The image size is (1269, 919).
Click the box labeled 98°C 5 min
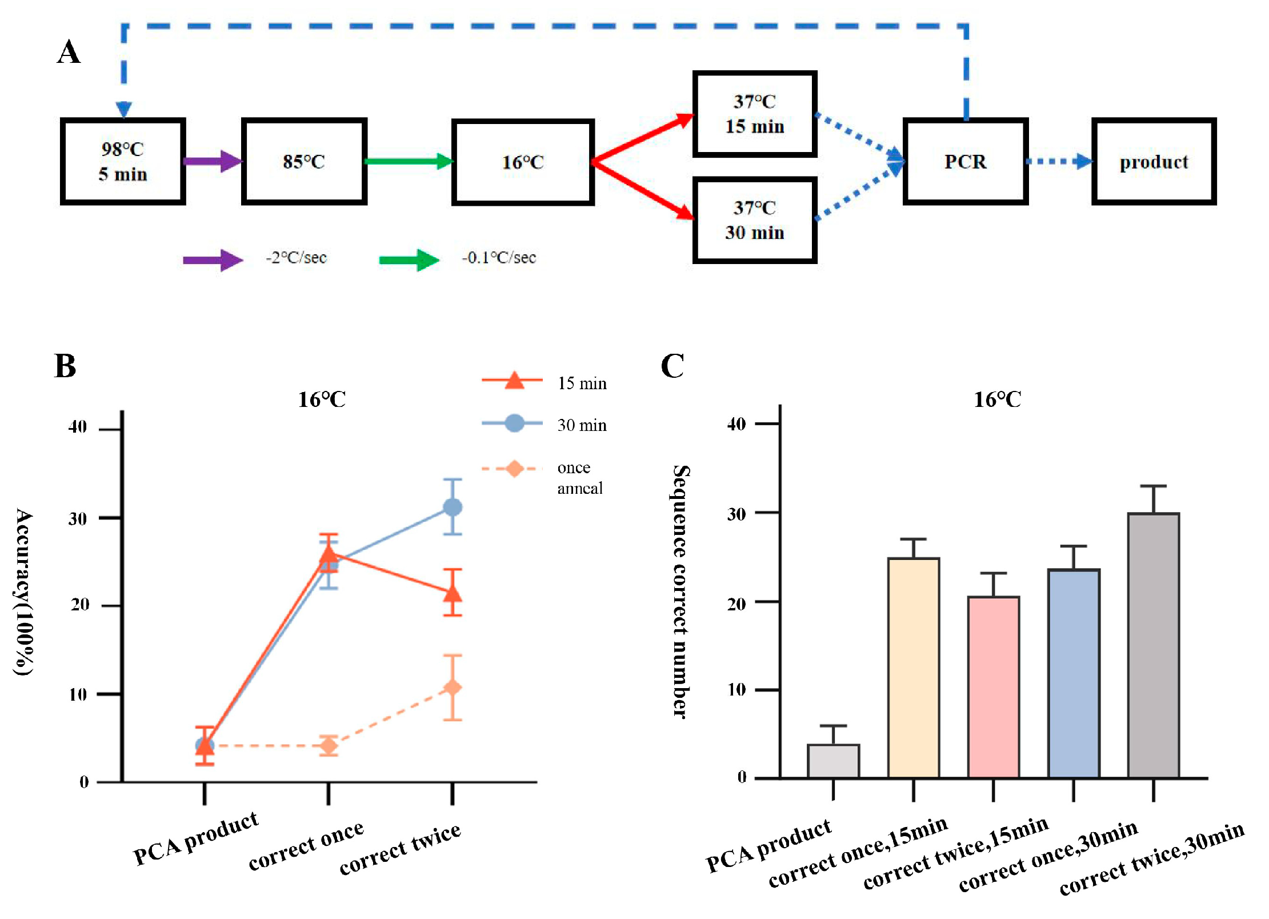click(x=123, y=161)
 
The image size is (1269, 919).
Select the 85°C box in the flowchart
click(x=304, y=161)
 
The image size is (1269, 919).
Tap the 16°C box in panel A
click(x=523, y=162)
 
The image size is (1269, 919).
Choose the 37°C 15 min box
click(x=754, y=114)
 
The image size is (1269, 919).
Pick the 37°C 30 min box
click(x=754, y=220)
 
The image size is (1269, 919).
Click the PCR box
click(x=965, y=161)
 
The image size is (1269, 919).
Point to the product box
click(x=1154, y=162)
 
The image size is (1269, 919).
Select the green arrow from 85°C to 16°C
click(x=409, y=161)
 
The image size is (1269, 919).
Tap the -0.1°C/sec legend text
click(x=499, y=258)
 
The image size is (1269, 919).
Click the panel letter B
click(x=65, y=366)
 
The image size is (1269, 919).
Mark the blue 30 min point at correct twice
click(x=453, y=507)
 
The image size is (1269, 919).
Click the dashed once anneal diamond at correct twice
click(x=453, y=687)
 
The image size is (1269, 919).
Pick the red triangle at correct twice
click(x=453, y=594)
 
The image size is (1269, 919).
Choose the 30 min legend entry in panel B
click(x=582, y=425)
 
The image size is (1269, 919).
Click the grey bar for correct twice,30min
click(x=1153, y=645)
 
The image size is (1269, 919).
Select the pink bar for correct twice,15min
click(x=993, y=686)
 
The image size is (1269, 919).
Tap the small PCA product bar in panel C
click(x=833, y=761)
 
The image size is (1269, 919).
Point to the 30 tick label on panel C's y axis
click(x=736, y=514)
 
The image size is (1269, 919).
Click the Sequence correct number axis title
click(x=680, y=592)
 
